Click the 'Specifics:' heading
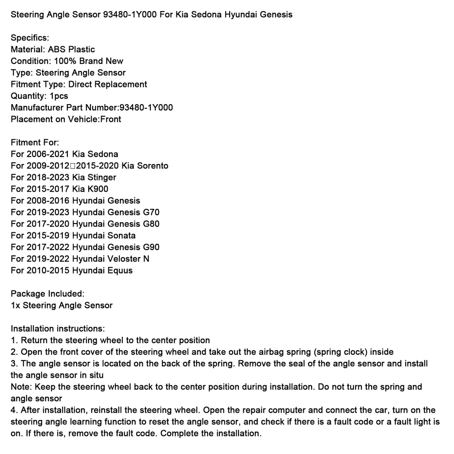[30, 38]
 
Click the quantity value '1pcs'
[59, 96]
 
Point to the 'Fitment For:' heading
[35, 142]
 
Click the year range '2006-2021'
[47, 154]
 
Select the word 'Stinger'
[102, 177]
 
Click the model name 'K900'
[98, 189]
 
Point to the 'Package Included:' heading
[47, 294]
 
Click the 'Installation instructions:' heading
[58, 329]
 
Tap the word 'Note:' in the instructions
[20, 387]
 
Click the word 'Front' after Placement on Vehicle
[111, 119]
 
